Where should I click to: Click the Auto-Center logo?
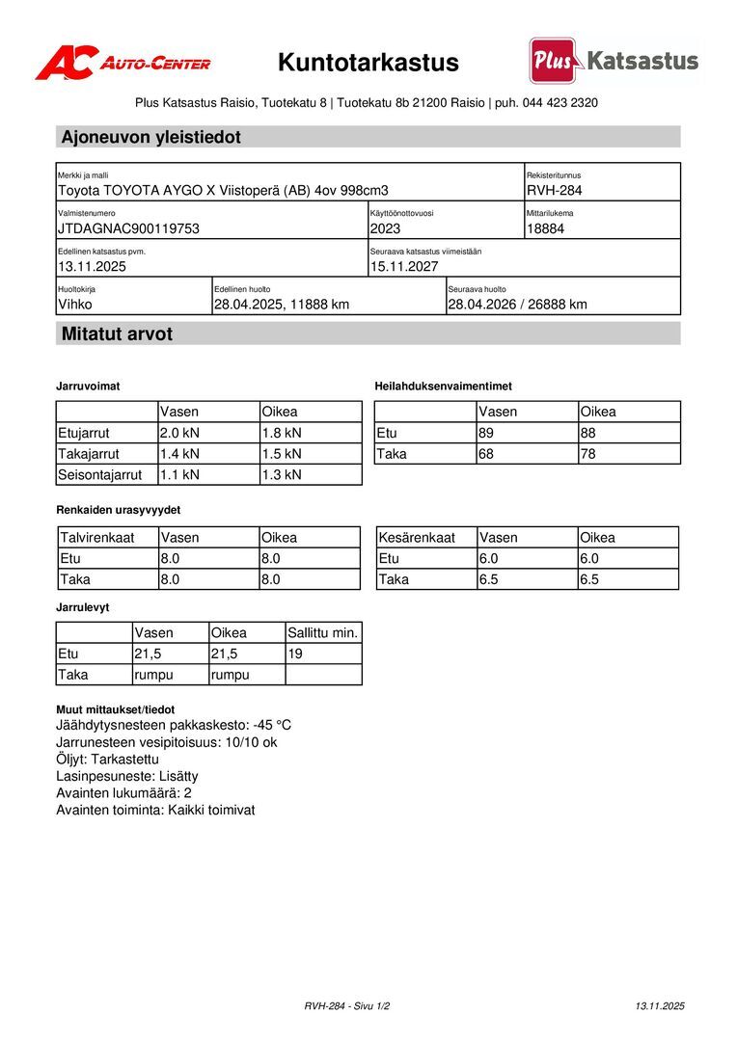(x=123, y=63)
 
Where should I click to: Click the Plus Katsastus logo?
(x=614, y=61)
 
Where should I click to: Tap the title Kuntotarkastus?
(x=368, y=63)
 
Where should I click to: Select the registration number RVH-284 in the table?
(x=555, y=191)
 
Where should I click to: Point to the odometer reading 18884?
(x=546, y=229)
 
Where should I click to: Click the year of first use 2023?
(x=385, y=229)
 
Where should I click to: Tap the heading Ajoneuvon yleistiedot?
(x=151, y=137)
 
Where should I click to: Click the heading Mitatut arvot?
(x=118, y=334)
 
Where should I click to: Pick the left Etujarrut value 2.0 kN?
(x=179, y=433)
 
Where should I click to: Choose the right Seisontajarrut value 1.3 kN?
(x=282, y=474)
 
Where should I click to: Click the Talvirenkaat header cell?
(x=97, y=538)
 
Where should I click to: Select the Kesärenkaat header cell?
(x=416, y=538)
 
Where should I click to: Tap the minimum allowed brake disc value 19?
(x=295, y=654)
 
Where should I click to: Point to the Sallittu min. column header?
(x=323, y=633)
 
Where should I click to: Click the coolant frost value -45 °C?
(x=272, y=725)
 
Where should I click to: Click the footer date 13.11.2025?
(x=660, y=1006)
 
